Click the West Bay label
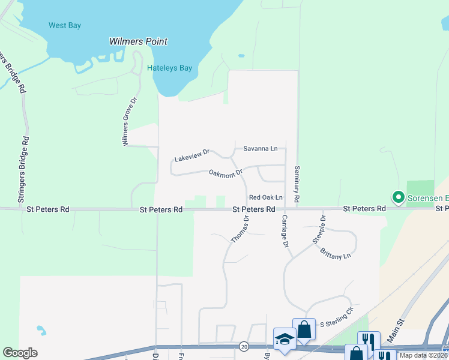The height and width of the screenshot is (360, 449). coord(65,25)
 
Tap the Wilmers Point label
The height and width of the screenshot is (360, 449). coord(138,42)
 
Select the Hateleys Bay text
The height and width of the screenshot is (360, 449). coord(170,68)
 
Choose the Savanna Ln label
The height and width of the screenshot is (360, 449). coord(260,148)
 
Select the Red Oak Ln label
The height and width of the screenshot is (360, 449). coord(265,197)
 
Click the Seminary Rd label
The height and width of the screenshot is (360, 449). coord(296,184)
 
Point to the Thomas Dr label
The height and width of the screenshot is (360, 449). coord(240,230)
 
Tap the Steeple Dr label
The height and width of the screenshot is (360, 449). coord(318,229)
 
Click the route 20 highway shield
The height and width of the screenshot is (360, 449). coord(244,346)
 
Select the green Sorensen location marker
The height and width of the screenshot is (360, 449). coord(397,197)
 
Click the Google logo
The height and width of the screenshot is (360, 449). coord(20,353)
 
